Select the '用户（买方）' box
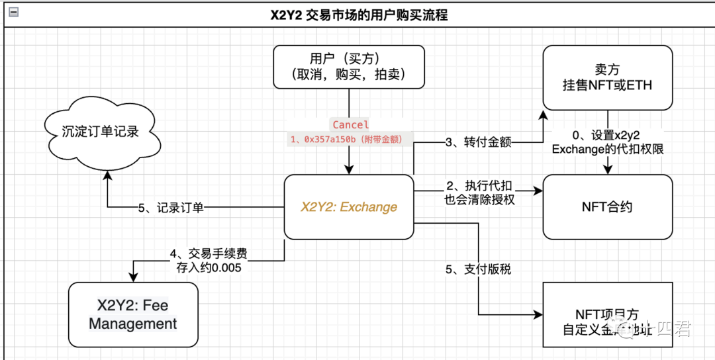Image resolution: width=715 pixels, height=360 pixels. click(x=349, y=67)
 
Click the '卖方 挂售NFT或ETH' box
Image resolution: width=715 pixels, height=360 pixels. click(x=607, y=77)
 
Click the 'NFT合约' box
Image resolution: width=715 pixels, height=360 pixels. click(x=607, y=206)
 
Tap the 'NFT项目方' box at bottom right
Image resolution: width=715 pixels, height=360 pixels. click(x=607, y=314)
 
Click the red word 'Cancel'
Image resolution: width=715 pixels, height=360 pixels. click(x=350, y=124)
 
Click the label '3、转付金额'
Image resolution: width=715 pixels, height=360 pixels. click(x=478, y=142)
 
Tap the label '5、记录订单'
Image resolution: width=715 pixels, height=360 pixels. click(x=171, y=208)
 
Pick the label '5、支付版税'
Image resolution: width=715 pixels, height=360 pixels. click(x=479, y=269)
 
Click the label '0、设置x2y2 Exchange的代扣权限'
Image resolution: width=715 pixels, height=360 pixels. click(x=607, y=142)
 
